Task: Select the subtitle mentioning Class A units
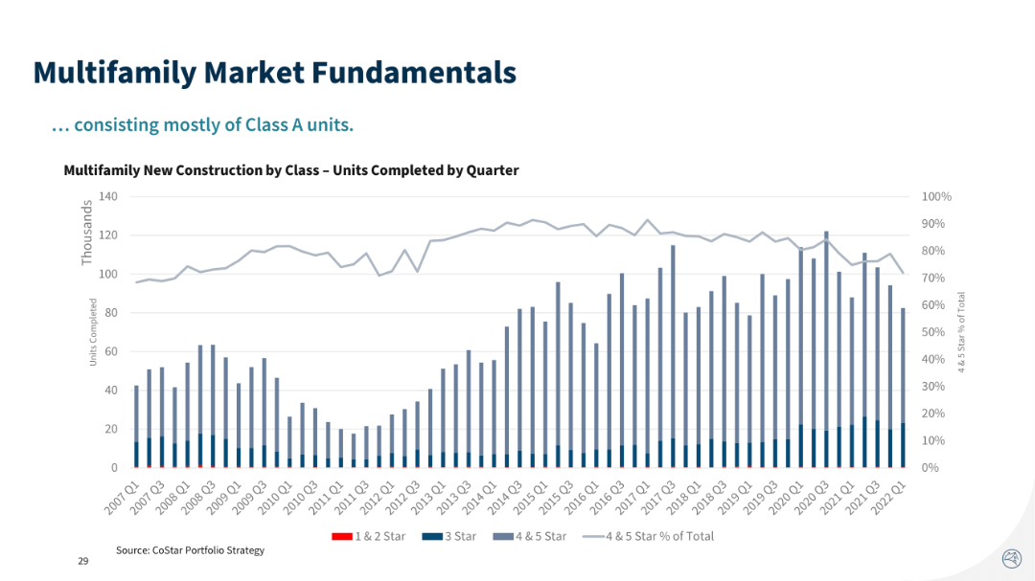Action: coord(202,125)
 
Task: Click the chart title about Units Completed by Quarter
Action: coord(290,170)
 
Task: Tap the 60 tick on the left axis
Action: coord(110,351)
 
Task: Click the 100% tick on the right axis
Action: coord(936,196)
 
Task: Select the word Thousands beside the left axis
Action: coord(87,233)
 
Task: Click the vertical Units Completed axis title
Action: coord(94,332)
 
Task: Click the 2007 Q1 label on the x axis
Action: coord(121,496)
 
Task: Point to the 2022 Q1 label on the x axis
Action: coord(890,496)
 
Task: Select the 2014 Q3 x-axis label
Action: coord(506,496)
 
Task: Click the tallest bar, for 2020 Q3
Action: coord(826,345)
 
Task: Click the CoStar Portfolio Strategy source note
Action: coord(190,550)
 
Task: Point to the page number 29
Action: coord(83,561)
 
